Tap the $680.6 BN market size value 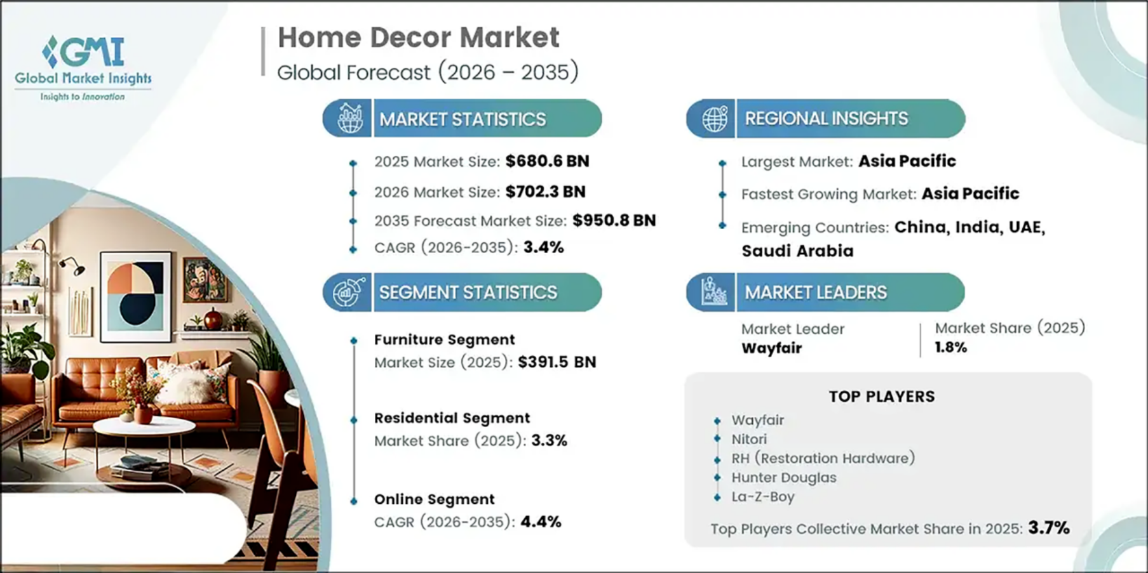(548, 161)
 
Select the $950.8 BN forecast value (614, 220)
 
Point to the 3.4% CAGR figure (544, 247)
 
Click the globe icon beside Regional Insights (714, 119)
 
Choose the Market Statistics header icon (349, 118)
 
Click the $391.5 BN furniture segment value (557, 362)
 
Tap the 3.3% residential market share (550, 440)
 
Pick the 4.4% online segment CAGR (541, 522)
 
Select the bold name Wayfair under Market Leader (772, 348)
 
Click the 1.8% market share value (951, 347)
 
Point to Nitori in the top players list (749, 439)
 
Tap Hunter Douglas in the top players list (784, 477)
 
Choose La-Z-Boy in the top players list (763, 496)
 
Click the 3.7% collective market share (1049, 527)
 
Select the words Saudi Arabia (797, 251)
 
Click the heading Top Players (882, 397)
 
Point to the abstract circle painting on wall (135, 296)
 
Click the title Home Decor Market (419, 37)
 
